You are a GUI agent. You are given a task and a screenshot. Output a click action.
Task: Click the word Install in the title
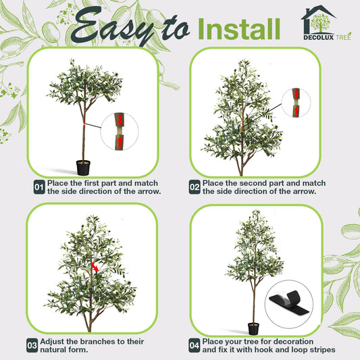[239, 29]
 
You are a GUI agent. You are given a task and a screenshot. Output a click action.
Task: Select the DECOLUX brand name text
[318, 37]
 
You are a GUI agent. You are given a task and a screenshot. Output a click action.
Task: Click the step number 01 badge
[39, 187]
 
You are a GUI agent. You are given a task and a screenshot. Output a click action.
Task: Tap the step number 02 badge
[195, 187]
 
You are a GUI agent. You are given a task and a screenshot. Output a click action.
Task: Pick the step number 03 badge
[32, 345]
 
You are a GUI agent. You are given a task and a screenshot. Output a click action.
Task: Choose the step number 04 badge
[195, 345]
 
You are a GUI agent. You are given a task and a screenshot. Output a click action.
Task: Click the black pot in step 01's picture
[83, 168]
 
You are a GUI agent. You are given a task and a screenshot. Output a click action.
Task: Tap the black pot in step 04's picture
[253, 328]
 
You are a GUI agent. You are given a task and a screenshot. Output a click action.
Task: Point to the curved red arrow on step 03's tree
[95, 265]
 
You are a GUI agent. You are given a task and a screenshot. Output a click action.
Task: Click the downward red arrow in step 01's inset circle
[120, 120]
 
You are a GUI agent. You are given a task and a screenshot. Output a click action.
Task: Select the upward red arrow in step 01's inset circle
[120, 142]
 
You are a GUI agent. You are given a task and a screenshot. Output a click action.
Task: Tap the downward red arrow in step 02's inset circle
[297, 94]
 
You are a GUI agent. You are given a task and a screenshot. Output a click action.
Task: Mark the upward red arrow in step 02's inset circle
[297, 111]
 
